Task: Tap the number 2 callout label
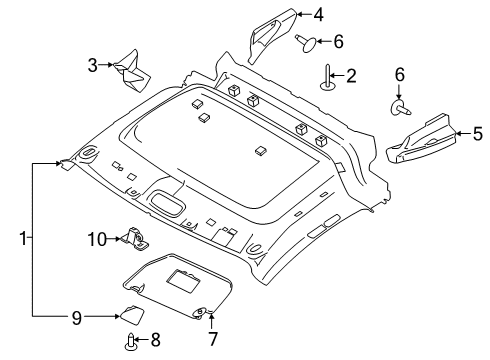coord(352,75)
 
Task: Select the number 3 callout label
coord(92,66)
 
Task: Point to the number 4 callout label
coord(318,15)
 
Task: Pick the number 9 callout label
coord(74,317)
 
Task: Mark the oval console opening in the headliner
coord(167,205)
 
